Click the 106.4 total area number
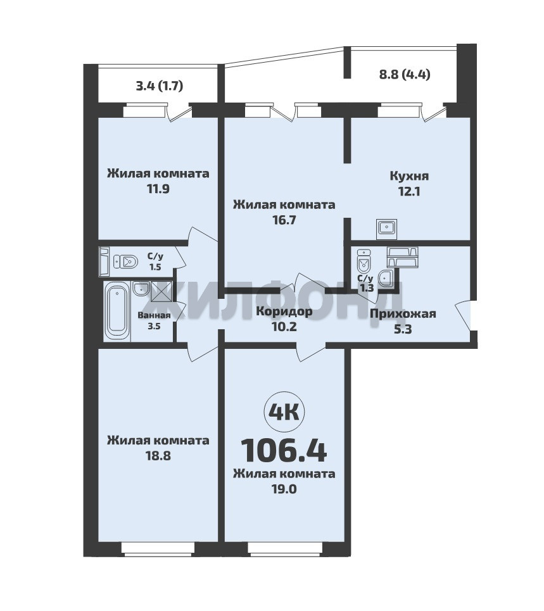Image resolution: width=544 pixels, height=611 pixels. coord(284,450)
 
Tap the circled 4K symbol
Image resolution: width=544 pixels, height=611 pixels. coord(284,412)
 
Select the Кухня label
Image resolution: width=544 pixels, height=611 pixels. coord(409,176)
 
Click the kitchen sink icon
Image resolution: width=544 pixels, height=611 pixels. coord(386,229)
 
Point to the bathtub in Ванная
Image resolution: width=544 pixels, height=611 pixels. coord(117,313)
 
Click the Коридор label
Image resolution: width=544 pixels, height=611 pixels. coord(284,312)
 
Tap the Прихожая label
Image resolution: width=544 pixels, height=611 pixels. coord(403,313)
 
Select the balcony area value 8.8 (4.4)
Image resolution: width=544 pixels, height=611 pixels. coord(405,74)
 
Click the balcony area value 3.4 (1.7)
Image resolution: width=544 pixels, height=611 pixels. coord(160,85)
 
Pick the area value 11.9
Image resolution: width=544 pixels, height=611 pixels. coord(158,189)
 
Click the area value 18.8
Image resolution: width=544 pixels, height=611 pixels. coord(158,455)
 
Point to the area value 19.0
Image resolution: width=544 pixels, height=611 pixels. coord(284,489)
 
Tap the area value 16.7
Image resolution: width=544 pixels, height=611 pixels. coord(284,220)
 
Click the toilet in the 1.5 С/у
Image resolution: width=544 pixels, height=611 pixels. coord(125,261)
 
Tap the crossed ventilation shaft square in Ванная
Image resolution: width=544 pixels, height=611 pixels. coord(160,291)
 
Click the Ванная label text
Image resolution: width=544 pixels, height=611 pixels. coord(154,316)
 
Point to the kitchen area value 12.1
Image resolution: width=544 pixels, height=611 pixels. coord(409,191)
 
